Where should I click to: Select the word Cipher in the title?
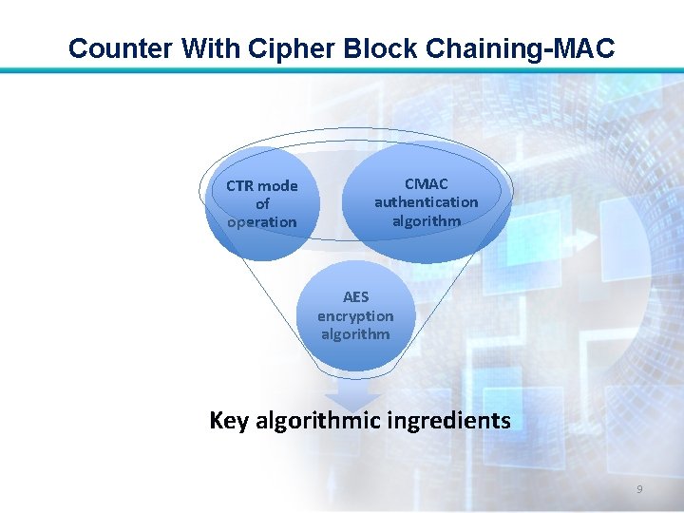(283, 47)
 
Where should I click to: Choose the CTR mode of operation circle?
(261, 204)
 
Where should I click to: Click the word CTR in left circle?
(239, 186)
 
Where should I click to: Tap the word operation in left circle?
(262, 222)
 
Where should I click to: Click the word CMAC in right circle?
(427, 183)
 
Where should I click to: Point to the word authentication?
(427, 201)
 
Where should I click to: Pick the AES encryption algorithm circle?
(355, 316)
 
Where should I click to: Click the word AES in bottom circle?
(355, 297)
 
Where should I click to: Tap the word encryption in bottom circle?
(355, 315)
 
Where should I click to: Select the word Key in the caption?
(230, 420)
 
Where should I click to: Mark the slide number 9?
(639, 489)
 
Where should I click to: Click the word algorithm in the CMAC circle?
(427, 220)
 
